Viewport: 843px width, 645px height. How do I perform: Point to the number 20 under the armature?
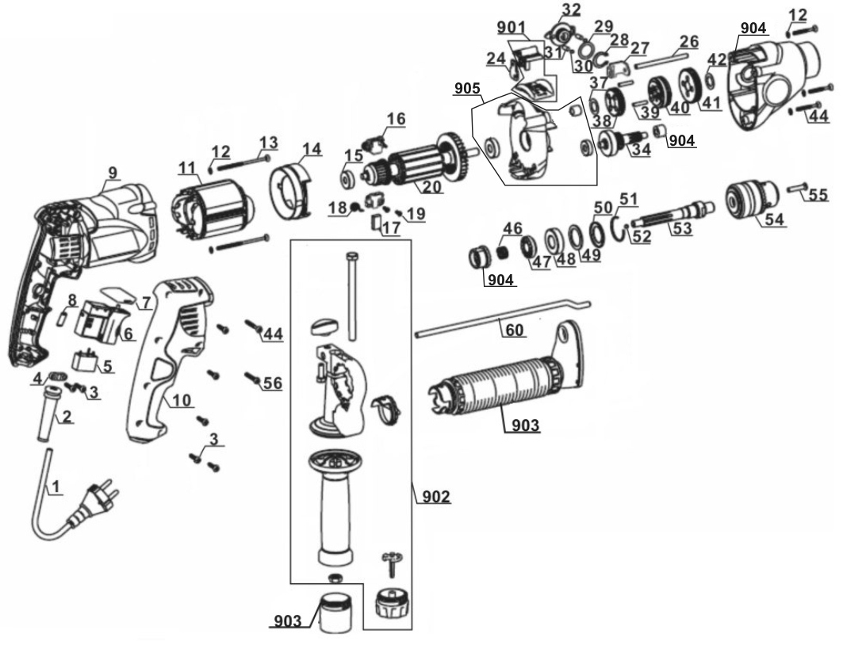[x=431, y=187]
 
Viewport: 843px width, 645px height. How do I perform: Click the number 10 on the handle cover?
[x=182, y=400]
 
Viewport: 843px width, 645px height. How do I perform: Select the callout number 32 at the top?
[x=571, y=10]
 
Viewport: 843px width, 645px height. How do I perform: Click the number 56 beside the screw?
[x=272, y=383]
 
